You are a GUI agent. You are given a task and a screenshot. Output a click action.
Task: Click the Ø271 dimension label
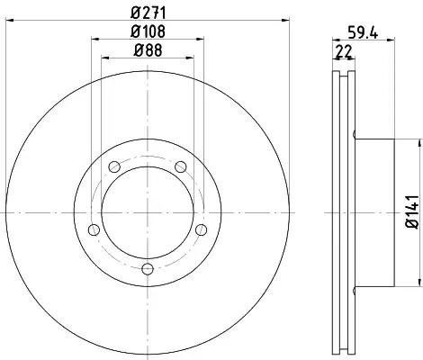coord(148,13)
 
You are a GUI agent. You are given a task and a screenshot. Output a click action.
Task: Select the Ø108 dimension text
coord(148,31)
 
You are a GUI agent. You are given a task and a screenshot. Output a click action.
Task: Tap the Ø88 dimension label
coord(148,50)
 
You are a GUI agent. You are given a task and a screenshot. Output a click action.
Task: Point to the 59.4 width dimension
coord(363,32)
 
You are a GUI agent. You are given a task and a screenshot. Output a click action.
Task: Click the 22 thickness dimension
coord(344,51)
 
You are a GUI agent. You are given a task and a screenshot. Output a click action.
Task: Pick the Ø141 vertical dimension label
coord(412,211)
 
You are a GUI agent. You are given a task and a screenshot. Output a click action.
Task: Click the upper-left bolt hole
coord(114,166)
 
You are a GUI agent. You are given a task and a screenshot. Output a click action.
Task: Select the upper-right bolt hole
coord(181,166)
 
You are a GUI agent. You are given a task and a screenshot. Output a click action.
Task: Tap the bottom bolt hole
coord(148,269)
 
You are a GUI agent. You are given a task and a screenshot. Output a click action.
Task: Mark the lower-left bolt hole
coord(94,229)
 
